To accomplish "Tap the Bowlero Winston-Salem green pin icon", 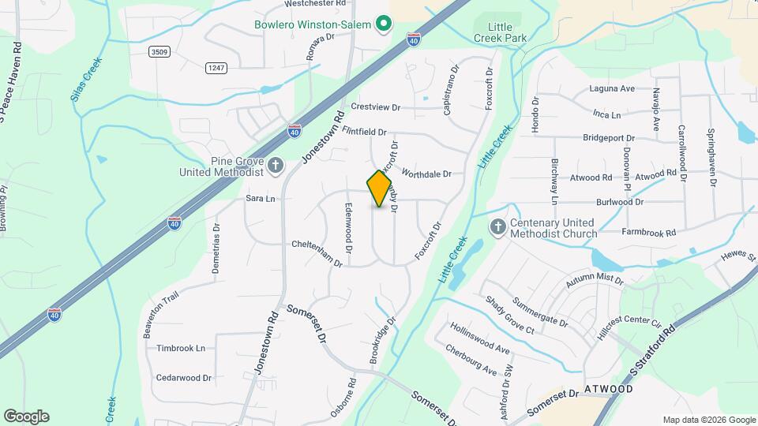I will pos(384,24).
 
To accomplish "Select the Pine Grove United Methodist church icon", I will pos(276,166).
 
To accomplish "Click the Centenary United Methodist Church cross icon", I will pos(497,227).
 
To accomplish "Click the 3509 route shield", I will pos(159,51).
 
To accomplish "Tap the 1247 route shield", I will pos(216,68).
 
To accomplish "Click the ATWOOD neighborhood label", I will pos(610,389).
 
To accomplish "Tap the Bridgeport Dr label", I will pos(609,137).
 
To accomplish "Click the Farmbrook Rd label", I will pos(649,233).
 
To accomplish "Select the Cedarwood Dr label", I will pos(184,378).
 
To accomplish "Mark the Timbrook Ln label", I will pos(180,348).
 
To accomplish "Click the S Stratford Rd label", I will pos(655,350).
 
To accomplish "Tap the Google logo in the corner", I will pos(26,416).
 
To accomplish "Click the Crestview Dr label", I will pos(376,107).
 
